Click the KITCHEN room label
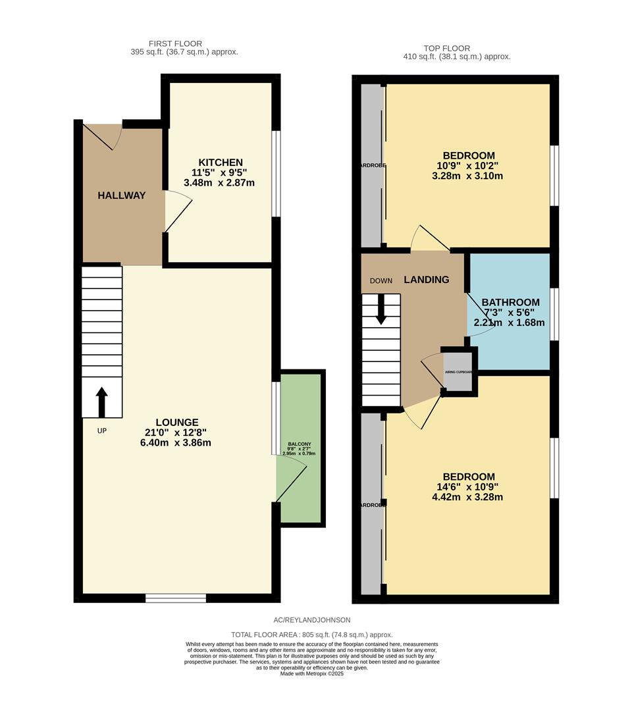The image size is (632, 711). (x=221, y=163)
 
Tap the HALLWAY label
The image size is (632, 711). (x=122, y=196)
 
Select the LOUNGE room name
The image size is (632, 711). (x=176, y=422)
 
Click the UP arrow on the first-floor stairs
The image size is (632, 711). (x=101, y=402)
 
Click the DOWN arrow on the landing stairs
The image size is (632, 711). (x=381, y=309)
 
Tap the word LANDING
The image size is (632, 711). (x=426, y=280)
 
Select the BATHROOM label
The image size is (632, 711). (x=510, y=302)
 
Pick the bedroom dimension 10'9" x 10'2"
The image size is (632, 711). (x=468, y=166)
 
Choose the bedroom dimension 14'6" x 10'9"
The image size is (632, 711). (x=468, y=487)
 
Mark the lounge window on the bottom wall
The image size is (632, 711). (x=175, y=598)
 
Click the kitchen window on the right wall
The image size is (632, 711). (x=276, y=173)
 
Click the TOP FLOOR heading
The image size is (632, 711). (x=447, y=48)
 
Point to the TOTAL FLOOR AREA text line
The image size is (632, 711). (x=311, y=635)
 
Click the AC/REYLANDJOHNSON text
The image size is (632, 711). (x=312, y=620)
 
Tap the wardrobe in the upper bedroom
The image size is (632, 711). (x=372, y=165)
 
